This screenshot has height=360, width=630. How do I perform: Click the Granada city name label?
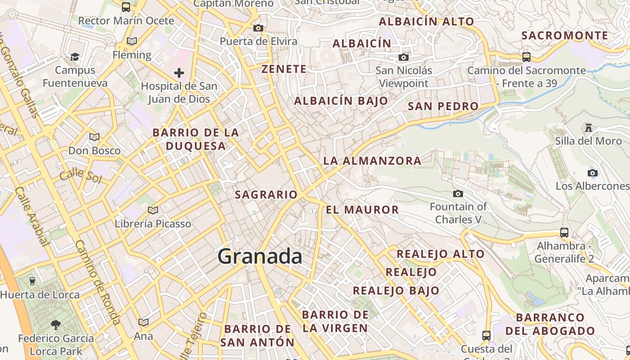point(260,256)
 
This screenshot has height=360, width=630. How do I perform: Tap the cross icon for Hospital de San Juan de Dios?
point(179,72)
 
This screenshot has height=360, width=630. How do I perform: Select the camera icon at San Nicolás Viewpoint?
point(404,57)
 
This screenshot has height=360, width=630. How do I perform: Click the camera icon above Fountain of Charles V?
point(458,193)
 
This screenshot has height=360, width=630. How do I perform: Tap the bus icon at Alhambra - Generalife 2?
point(564,232)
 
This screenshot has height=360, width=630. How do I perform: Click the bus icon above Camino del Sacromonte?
point(526,57)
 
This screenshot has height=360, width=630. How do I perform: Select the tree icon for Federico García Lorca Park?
point(56,324)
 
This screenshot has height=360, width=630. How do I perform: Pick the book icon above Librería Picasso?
point(153,210)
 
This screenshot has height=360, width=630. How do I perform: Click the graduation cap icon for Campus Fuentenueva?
point(75,57)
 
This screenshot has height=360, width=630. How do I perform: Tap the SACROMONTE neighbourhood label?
point(564,36)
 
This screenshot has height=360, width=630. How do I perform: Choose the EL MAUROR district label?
point(362,210)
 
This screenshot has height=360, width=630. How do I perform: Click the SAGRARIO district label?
point(266,194)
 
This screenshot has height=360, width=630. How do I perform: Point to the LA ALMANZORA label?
point(372,161)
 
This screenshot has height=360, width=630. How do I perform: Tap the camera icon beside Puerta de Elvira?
point(258,28)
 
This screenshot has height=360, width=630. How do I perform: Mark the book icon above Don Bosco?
point(94,137)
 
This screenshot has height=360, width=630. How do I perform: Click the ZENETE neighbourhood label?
point(284,69)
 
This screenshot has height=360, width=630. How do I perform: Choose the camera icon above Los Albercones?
point(592,173)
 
